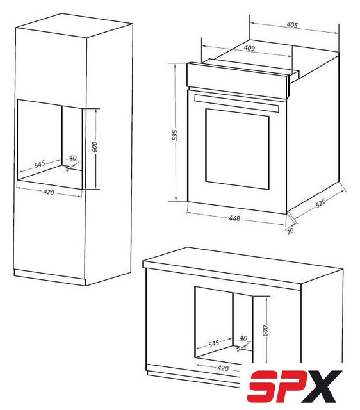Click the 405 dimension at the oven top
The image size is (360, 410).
point(292,25)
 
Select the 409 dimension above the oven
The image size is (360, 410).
point(249,48)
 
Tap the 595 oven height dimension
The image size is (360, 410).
point(175,135)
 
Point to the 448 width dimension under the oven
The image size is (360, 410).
point(234,218)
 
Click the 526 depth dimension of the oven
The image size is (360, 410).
point(320,202)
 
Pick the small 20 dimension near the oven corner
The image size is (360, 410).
point(290,231)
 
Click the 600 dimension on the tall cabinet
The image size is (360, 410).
point(95,147)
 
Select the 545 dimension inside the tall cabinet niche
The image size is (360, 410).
point(40,164)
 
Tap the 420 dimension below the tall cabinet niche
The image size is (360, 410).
point(49,192)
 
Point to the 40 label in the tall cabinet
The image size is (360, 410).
point(72,158)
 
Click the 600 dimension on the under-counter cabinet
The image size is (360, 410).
point(265,331)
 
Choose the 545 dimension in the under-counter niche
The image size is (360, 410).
point(213,343)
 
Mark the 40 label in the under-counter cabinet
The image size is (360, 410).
point(243,338)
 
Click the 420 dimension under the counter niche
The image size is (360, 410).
point(223,368)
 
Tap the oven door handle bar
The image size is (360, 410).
point(237,103)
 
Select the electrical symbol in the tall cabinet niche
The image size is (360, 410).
point(69,168)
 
